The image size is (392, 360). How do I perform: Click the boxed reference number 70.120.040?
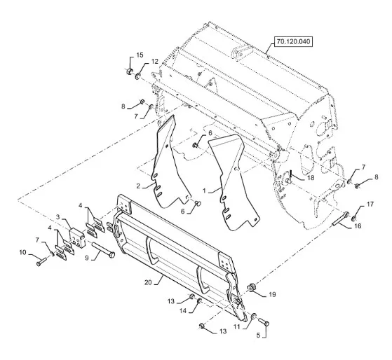[294, 41]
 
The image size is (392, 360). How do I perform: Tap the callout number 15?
[140, 55]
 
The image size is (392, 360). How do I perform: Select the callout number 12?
[155, 62]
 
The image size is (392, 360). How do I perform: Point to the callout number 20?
[148, 282]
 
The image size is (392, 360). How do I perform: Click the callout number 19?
[272, 295]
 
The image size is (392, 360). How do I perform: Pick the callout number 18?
[311, 177]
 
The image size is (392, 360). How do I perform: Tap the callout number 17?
[370, 205]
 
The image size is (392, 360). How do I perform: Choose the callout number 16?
[358, 226]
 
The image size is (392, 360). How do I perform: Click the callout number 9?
[87, 258]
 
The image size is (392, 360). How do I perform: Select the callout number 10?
[22, 252]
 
